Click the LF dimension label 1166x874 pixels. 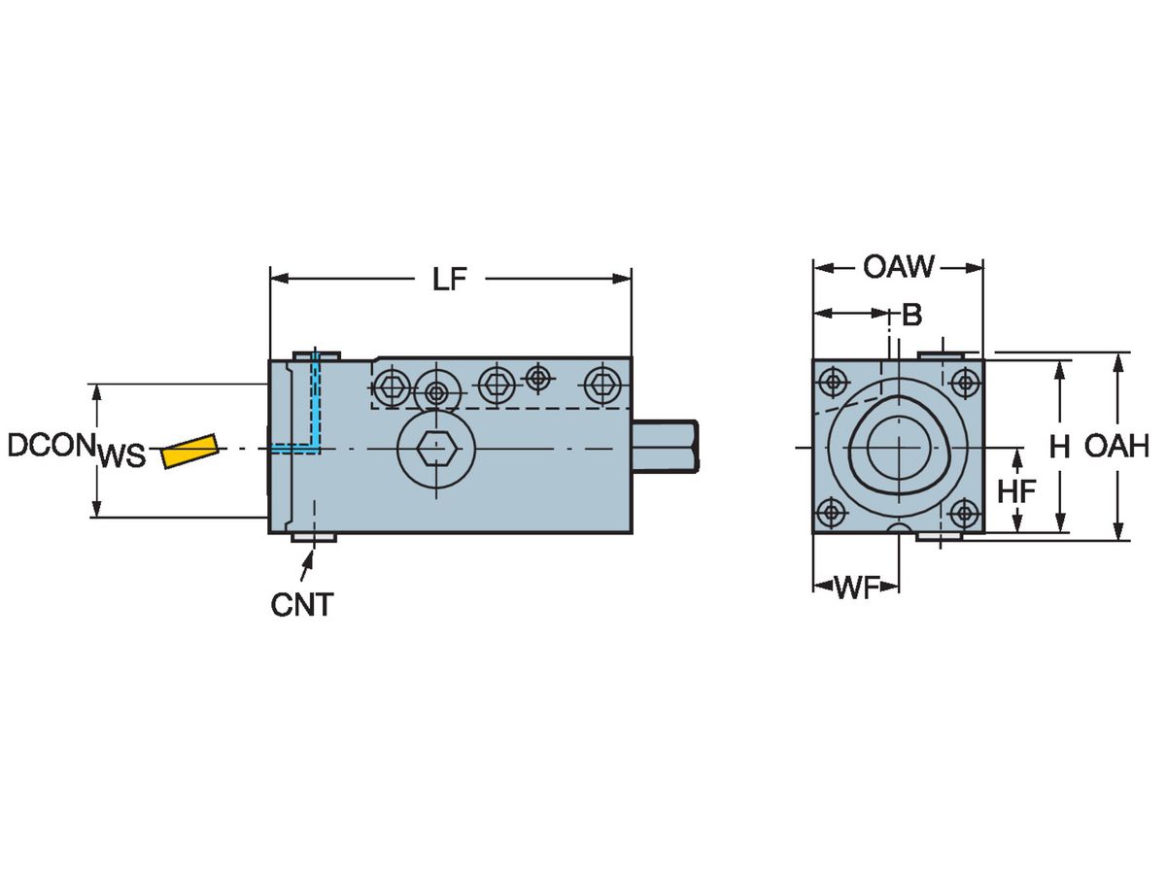point(450,280)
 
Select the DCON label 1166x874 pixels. point(50,446)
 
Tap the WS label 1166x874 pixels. point(121,455)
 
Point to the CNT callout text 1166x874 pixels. point(301,605)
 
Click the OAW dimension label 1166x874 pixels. point(899,266)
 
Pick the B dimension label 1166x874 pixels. point(911,315)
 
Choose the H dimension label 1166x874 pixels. point(1059,447)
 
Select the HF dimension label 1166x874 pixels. point(1017,491)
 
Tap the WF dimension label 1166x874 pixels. point(857,587)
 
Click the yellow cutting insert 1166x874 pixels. point(189,451)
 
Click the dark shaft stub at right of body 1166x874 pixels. point(666,447)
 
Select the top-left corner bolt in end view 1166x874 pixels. point(832,382)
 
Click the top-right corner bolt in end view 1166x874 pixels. point(964,382)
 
